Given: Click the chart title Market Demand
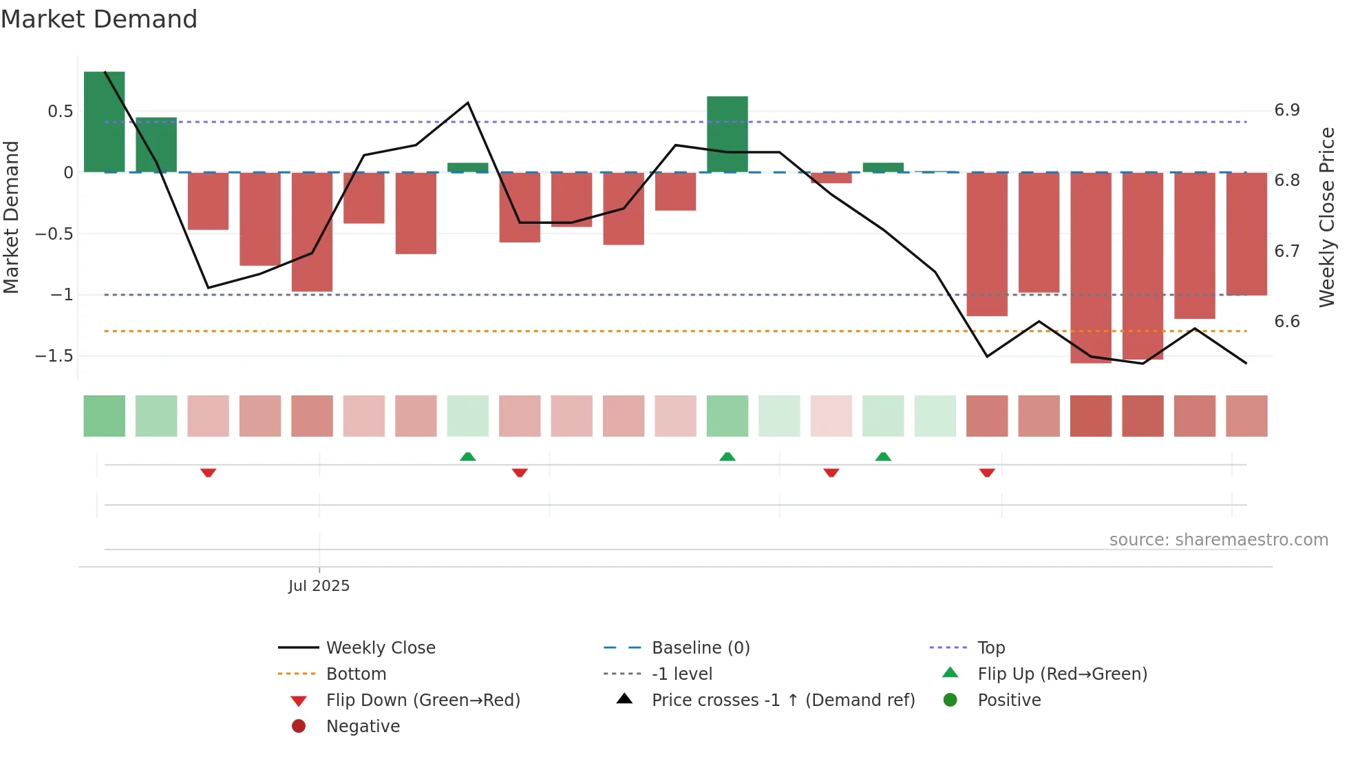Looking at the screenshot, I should point(99,19).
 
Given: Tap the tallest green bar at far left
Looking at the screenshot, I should point(105,122).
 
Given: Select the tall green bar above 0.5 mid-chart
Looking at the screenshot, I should point(727,134).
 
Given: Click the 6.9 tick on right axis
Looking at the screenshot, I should point(1286,110).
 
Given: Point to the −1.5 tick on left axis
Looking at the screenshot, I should point(54,356).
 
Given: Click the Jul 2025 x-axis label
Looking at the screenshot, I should point(319,586).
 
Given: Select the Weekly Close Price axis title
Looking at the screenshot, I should point(1326,217).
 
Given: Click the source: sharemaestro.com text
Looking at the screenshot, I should point(1218,540).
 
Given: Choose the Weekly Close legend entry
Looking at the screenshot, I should point(380,648).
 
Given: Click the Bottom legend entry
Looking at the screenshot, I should point(356,674).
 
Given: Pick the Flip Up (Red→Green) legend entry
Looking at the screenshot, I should point(1062,674).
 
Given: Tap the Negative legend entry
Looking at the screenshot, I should point(363,727).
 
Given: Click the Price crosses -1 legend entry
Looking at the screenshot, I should point(783,700).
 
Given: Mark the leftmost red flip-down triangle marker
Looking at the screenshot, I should point(209,472).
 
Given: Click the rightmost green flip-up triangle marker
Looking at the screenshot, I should point(883,457).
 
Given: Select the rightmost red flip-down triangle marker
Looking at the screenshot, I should point(987,472).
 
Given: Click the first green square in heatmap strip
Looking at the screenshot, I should point(105,416).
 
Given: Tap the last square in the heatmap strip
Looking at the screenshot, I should point(1246,416).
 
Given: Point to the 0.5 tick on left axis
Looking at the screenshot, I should point(60,112).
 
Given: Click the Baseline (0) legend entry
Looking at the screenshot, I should point(700,648).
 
